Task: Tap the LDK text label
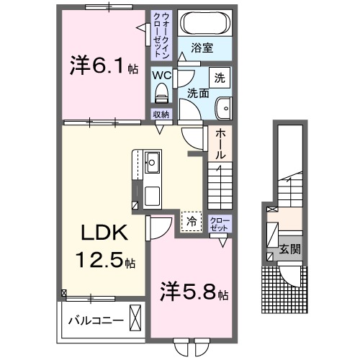[103, 234]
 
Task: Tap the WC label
[161, 74]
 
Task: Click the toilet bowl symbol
[161, 93]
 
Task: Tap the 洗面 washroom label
[198, 94]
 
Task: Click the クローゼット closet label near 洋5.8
[218, 223]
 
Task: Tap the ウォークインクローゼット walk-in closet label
[161, 35]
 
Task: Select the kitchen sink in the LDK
[153, 161]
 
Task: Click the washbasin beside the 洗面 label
[225, 106]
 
